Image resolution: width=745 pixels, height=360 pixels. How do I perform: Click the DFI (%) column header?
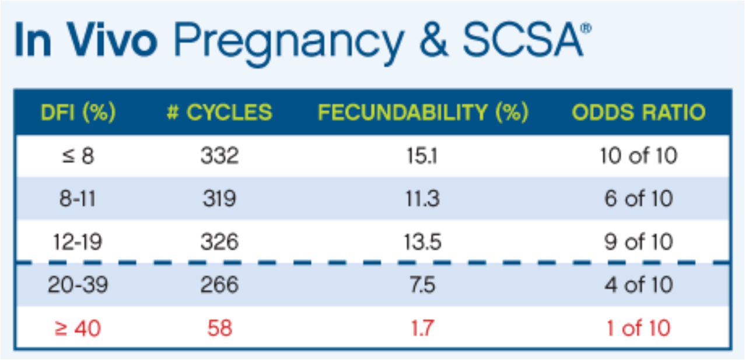pos(79,113)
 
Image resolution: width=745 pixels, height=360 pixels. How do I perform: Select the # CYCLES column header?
pos(219,113)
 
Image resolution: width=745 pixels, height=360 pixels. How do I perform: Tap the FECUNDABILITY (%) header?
pos(423,113)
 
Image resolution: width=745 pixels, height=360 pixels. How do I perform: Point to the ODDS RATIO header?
pos(639,113)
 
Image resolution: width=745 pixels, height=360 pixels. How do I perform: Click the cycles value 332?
pos(219,156)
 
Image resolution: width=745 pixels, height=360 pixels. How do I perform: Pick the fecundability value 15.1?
pos(424,156)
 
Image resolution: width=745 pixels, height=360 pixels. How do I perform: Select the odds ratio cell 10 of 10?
pos(639,156)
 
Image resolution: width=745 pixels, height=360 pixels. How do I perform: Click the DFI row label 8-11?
pos(78,199)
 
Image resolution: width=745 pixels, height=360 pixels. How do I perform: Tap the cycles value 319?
pos(219,199)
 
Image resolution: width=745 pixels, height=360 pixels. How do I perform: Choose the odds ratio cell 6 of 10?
pos(639,199)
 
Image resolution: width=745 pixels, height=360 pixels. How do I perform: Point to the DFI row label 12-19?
pos(78,242)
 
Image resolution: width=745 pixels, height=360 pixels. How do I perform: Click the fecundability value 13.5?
pos(424,242)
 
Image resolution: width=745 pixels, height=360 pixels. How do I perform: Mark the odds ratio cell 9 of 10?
pos(639,242)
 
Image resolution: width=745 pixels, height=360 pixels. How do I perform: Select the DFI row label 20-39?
pos(78,285)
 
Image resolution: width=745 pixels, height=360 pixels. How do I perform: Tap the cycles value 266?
pos(219,285)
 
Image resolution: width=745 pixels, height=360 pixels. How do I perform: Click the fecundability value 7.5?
pos(424,285)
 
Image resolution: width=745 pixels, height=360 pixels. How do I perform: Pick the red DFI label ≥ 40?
pos(78,328)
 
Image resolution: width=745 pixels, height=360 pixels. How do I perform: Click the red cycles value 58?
pos(219,328)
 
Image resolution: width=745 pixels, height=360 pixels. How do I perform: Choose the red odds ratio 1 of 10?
pos(639,328)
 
